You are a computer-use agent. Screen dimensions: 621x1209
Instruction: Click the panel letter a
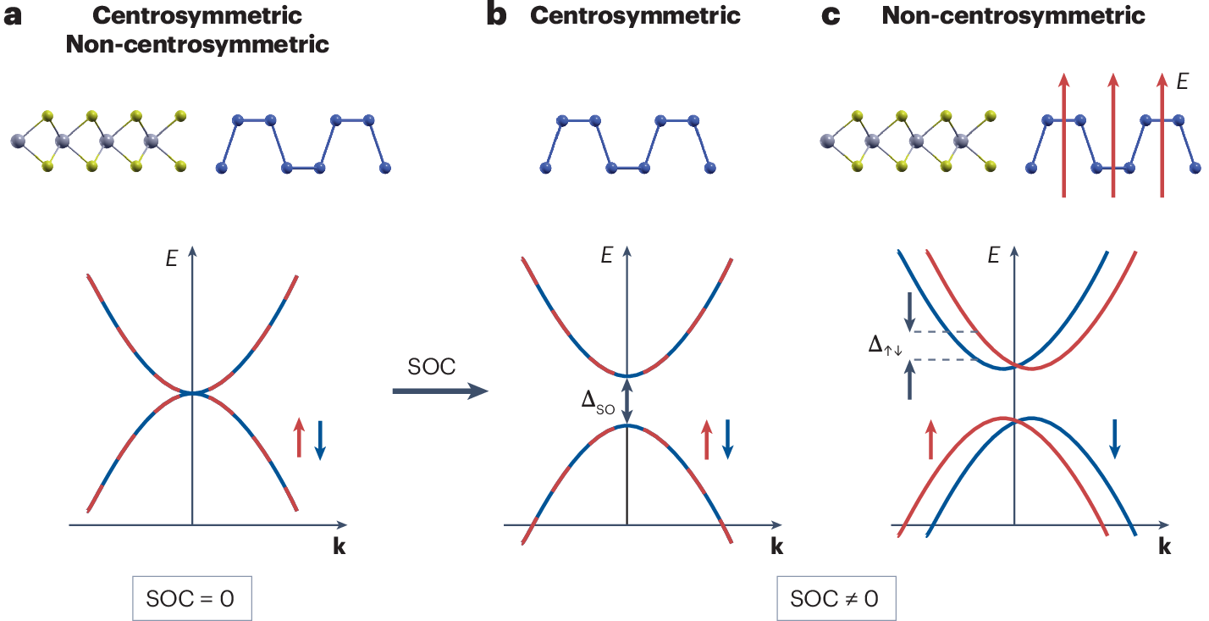pos(13,16)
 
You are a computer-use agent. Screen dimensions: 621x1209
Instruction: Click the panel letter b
pos(497,16)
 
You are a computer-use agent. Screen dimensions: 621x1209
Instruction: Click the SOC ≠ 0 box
pos(835,598)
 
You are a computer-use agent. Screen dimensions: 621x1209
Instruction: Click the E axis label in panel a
pos(172,258)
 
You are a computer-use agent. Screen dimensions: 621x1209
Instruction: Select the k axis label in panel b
pos(776,546)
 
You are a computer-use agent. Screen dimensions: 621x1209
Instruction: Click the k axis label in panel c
pos(1164,546)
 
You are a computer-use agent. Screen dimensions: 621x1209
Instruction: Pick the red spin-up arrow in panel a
pos(299,436)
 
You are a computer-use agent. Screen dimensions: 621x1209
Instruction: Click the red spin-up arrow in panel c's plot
pos(931,438)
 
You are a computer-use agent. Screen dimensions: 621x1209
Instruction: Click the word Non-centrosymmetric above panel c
pos(1013,15)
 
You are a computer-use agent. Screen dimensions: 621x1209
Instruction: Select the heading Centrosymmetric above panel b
pos(635,15)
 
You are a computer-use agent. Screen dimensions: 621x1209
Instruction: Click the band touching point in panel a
pos(193,393)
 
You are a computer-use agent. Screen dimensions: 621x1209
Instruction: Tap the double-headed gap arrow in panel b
pos(627,400)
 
